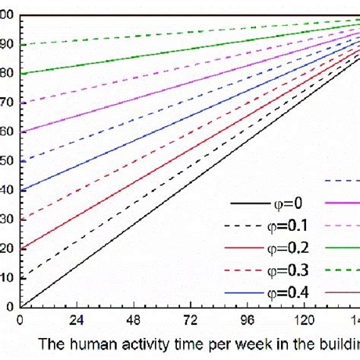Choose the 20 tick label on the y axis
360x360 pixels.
click(8, 248)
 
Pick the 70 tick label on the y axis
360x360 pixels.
click(8, 103)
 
